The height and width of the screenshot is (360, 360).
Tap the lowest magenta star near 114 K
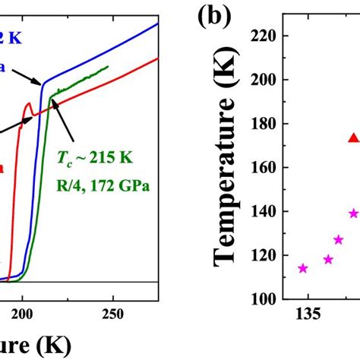303,268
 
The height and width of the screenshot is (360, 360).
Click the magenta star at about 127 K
339,240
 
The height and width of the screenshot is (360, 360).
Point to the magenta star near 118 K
328,259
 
